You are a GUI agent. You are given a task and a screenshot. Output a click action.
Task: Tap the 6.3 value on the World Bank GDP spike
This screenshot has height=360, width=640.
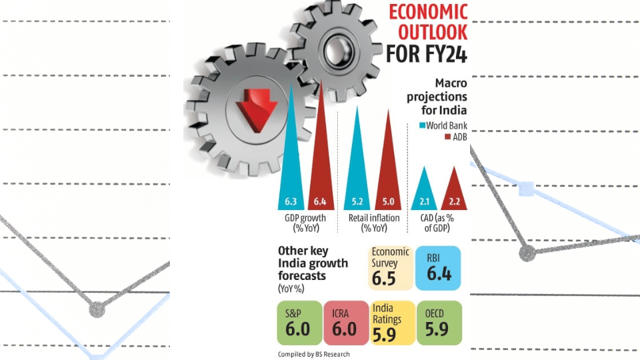(291, 201)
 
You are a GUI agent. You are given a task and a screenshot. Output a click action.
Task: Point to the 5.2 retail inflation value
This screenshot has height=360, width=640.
(357, 201)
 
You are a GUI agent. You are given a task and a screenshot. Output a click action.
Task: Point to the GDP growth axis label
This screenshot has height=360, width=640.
(306, 223)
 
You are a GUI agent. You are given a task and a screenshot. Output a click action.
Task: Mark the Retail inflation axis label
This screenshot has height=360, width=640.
(374, 223)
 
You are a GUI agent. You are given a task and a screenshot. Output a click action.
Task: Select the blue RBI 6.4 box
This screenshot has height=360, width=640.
(437, 268)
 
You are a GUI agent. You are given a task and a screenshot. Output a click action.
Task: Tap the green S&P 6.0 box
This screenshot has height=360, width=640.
(299, 323)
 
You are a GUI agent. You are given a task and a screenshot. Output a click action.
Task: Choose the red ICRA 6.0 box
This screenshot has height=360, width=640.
(345, 323)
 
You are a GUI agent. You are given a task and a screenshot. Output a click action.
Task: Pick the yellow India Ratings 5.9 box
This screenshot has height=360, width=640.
(391, 323)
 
